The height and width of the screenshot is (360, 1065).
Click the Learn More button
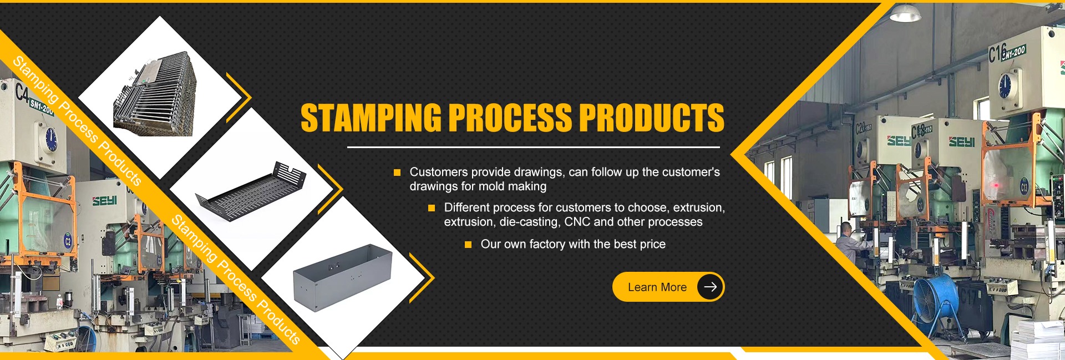pyautogui.click(x=668, y=287)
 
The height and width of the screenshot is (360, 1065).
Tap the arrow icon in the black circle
pyautogui.click(x=710, y=287)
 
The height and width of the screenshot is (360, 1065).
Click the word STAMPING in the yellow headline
pyautogui.click(x=371, y=118)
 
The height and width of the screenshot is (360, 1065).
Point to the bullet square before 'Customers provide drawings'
pyautogui.click(x=397, y=173)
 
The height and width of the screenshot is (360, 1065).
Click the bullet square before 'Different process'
pyautogui.click(x=432, y=208)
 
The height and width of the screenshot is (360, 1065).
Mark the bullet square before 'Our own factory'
pyautogui.click(x=468, y=245)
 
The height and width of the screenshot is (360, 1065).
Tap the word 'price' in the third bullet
pyautogui.click(x=652, y=245)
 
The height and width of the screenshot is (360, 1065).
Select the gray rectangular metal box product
pyautogui.click(x=342, y=277)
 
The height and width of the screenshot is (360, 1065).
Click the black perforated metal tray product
pyautogui.click(x=251, y=191)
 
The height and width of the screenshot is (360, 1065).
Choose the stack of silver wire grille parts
pyautogui.click(x=155, y=95)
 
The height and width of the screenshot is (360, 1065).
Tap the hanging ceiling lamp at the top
pyautogui.click(x=905, y=13)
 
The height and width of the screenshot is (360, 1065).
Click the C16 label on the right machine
pyautogui.click(x=997, y=53)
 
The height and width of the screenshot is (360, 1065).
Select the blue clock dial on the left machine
pyautogui.click(x=51, y=139)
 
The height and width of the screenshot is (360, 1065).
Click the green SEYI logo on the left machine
pyautogui.click(x=104, y=200)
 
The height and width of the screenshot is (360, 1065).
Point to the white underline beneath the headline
pyautogui.click(x=534, y=148)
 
